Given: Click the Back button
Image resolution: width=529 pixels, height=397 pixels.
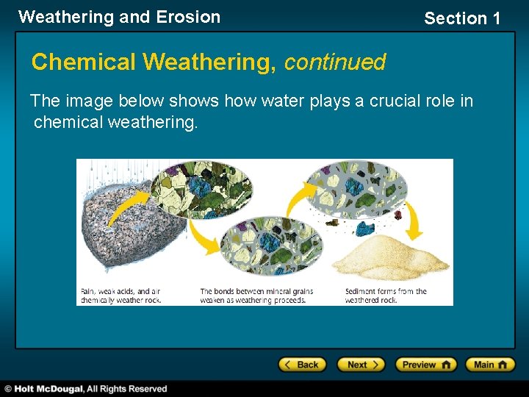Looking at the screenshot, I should click(x=302, y=365).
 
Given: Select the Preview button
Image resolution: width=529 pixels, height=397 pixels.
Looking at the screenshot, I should click(x=425, y=365).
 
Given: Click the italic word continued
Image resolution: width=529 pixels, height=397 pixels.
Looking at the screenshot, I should click(x=334, y=62).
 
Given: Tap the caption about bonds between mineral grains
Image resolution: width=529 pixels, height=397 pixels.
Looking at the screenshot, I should click(x=256, y=296).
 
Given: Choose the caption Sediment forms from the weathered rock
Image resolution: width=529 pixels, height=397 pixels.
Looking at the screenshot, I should click(x=386, y=296).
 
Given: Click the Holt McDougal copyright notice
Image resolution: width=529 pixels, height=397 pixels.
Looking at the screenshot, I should click(x=86, y=388).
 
